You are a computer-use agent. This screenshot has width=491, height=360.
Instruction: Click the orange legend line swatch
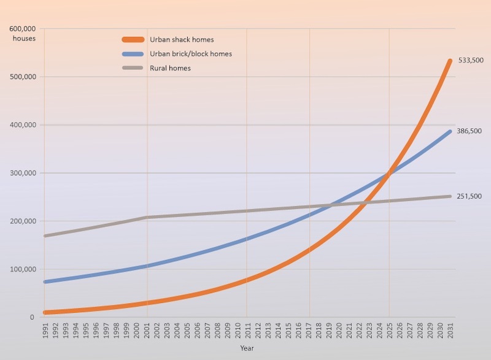(x=136, y=40)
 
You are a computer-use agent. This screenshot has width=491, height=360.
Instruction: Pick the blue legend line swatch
(x=136, y=54)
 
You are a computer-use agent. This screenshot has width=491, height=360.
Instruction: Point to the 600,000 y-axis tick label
(x=22, y=29)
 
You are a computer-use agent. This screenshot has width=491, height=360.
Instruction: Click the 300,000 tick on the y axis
(x=22, y=173)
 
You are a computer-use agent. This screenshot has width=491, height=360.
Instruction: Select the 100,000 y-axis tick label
(x=22, y=269)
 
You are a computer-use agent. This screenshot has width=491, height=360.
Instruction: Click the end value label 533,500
(x=470, y=61)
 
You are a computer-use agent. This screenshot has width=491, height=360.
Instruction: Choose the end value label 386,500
(x=470, y=131)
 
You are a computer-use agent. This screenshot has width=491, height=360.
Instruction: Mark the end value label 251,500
(x=470, y=196)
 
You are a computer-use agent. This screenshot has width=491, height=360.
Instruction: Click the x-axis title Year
(x=247, y=348)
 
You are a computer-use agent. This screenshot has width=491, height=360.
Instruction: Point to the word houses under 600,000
(x=24, y=39)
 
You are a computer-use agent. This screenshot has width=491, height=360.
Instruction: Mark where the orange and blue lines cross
(x=388, y=175)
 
